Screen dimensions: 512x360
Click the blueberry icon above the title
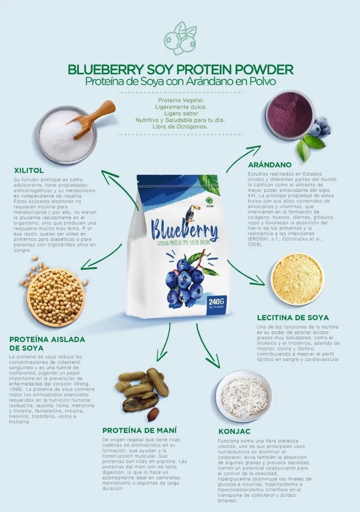point(180,38)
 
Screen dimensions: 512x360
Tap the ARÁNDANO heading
point(270,165)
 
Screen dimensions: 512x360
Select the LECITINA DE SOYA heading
point(293,317)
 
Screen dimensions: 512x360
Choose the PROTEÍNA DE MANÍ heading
point(140,430)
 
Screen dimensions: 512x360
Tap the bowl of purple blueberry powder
point(290,114)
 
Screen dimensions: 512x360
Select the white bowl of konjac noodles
point(244,396)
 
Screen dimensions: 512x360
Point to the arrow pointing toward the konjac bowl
point(208,346)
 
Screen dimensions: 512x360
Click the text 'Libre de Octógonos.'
point(180,126)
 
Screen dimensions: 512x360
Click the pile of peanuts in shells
point(141,390)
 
